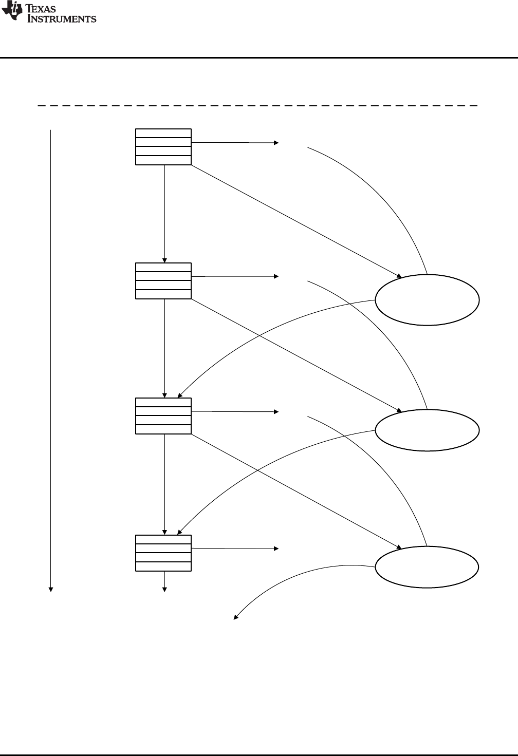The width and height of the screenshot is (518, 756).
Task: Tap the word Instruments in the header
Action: pos(62,19)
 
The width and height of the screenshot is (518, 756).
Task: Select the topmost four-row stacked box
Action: pos(163,147)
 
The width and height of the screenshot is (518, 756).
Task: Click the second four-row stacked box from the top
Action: pos(163,281)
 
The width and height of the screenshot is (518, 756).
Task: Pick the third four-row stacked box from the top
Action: pos(163,416)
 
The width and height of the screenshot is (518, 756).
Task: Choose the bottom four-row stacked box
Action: pos(163,553)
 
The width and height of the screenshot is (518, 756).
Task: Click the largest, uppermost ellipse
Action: pos(427,300)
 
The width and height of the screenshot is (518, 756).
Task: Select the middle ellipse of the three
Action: pos(427,430)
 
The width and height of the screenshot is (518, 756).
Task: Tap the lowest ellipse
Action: pos(427,567)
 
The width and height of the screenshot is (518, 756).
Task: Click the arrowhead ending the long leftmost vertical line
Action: pos(51,589)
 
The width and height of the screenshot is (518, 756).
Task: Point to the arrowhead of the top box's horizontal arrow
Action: pos(276,142)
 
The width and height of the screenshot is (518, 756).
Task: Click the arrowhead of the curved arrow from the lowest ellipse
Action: pos(236,618)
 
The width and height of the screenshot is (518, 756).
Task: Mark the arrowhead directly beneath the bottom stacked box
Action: pos(164,589)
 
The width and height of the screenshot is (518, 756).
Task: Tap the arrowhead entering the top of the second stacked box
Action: pos(164,260)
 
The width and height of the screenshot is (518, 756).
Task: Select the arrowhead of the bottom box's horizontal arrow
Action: pos(276,549)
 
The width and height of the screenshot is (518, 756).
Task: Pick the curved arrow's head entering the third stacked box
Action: pos(180,395)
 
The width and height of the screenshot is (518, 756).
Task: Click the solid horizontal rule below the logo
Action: pos(259,58)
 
